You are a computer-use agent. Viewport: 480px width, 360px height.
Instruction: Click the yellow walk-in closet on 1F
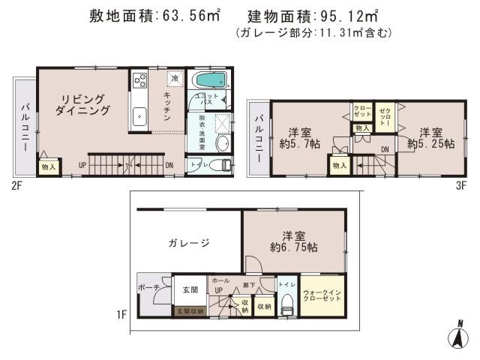(323, 295)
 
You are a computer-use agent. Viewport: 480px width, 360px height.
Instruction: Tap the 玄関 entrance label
(190, 289)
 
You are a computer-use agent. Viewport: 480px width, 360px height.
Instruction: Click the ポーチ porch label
(148, 288)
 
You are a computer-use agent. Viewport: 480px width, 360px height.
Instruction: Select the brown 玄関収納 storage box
(190, 309)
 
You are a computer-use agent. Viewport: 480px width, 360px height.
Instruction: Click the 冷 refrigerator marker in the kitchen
(175, 77)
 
